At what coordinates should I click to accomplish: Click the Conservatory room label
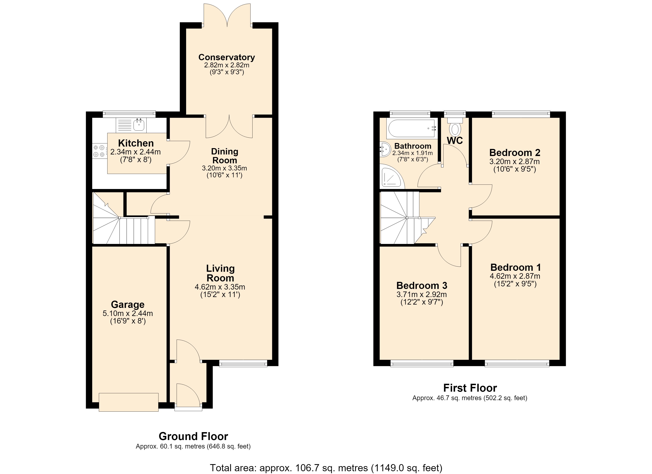[x=227, y=57]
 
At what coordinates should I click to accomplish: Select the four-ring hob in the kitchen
[x=98, y=151]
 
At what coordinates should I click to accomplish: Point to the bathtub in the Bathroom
[x=411, y=129]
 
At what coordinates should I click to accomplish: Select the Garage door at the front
[x=128, y=402]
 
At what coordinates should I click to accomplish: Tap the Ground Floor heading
[x=193, y=436]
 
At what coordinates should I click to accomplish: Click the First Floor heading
[x=470, y=388]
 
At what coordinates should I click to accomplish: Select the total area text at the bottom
[x=326, y=468]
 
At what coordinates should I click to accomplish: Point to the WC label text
[x=455, y=141]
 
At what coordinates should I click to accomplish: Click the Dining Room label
[x=224, y=156]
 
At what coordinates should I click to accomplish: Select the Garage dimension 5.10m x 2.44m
[x=128, y=313]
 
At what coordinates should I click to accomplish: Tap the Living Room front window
[x=243, y=363]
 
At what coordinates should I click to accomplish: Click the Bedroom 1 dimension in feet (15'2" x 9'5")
[x=515, y=284]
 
